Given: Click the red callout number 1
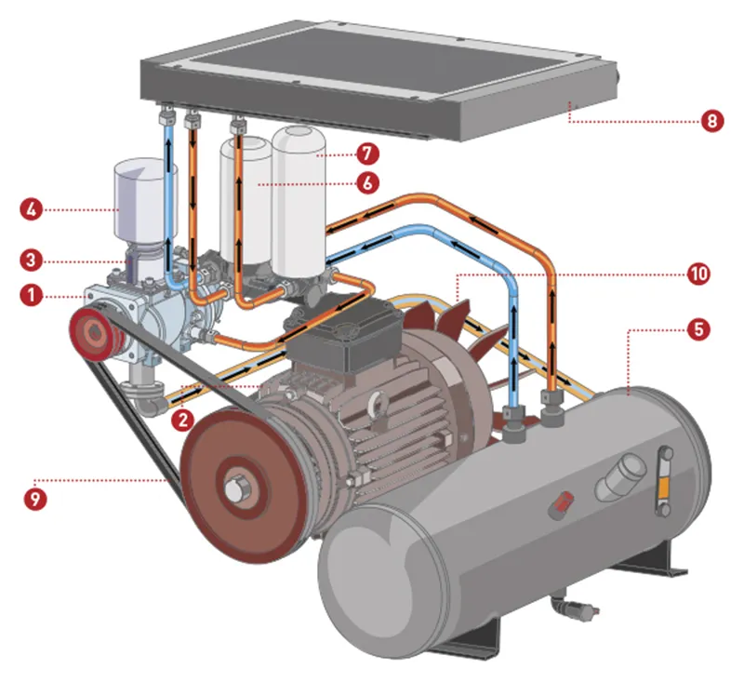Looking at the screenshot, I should click(32, 297).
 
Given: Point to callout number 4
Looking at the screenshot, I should click(32, 208).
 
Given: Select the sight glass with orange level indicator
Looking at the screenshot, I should click(663, 475).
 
